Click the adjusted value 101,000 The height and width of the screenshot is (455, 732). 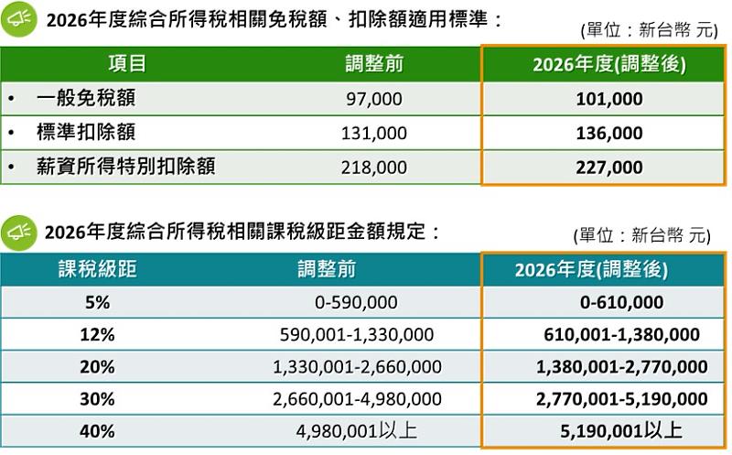(x=608, y=99)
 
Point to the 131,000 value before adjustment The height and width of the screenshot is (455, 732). (x=373, y=133)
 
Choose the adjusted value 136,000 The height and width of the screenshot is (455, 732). (x=608, y=133)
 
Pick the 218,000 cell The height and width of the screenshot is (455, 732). (x=373, y=168)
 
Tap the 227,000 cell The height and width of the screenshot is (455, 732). (x=608, y=168)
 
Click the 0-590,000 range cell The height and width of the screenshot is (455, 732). (x=357, y=303)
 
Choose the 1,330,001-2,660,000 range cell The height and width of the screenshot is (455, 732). (x=357, y=367)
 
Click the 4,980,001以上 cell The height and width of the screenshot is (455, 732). (x=357, y=430)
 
